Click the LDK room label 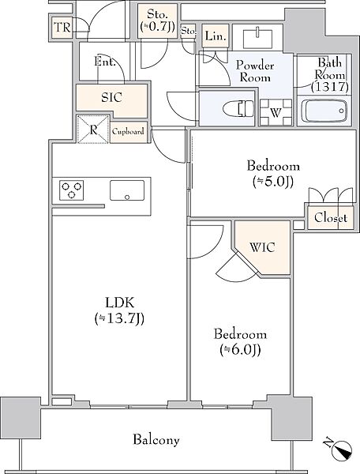click(x=119, y=303)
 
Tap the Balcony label click(x=156, y=439)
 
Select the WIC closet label click(x=262, y=247)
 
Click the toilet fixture click(x=238, y=108)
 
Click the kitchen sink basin click(x=127, y=190)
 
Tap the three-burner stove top click(x=72, y=190)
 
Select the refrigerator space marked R click(x=93, y=130)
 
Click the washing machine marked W click(x=276, y=112)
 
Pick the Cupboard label click(x=128, y=132)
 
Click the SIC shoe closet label click(x=111, y=97)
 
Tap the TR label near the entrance click(x=62, y=28)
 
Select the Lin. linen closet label click(x=216, y=36)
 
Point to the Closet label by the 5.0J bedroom click(x=331, y=218)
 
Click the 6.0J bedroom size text click(x=240, y=350)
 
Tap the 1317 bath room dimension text click(x=330, y=87)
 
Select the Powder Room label click(x=255, y=71)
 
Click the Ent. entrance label click(x=105, y=62)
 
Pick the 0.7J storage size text click(x=158, y=27)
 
